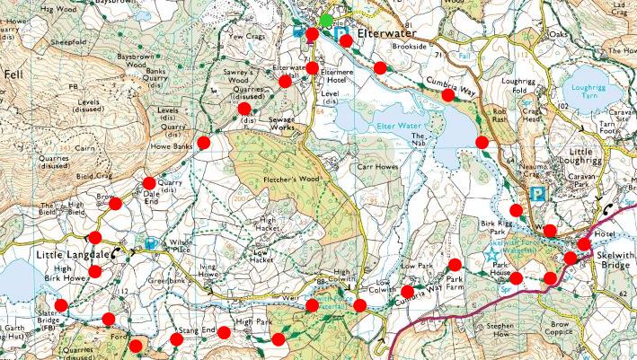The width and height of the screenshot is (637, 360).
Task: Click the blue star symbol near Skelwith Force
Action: point(491,254)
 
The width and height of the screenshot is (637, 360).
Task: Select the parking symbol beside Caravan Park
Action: point(537,192)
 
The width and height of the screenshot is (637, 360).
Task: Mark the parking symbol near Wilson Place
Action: point(150,242)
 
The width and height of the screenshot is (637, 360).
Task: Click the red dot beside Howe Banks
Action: point(204,142)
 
